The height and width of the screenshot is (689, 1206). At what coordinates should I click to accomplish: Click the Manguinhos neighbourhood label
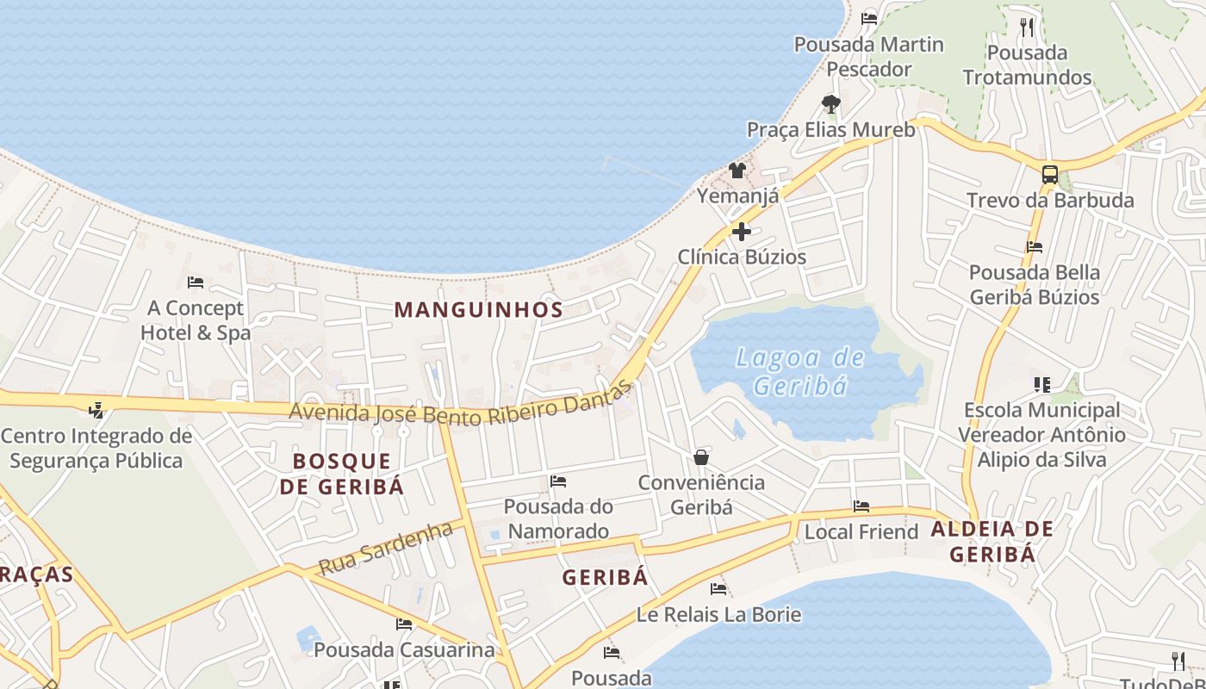coord(479,310)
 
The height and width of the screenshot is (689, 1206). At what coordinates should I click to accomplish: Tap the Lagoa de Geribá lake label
coord(800,371)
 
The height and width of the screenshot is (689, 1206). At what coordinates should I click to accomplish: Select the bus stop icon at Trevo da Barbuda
coord(1049,174)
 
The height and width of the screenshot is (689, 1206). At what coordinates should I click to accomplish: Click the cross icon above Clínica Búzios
coord(741,232)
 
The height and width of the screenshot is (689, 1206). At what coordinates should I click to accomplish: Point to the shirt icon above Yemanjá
coord(737,171)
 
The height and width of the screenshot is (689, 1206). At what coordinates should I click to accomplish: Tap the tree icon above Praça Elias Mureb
coord(830,104)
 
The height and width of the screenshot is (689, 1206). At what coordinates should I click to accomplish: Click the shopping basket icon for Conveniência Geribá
coord(701,456)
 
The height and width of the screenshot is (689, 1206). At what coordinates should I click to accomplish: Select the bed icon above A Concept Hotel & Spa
coord(196,282)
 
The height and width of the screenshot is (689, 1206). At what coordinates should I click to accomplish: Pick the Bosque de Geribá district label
coord(342,474)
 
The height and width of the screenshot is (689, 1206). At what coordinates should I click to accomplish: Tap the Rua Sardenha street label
coord(385,549)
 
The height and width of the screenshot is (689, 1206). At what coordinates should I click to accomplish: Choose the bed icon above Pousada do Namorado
coord(558,481)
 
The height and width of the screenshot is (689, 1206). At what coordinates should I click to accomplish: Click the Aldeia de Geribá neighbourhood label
coord(992,541)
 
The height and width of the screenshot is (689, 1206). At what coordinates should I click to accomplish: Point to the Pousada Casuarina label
coord(405,649)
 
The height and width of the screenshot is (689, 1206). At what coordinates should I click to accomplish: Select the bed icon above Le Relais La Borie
coord(718,589)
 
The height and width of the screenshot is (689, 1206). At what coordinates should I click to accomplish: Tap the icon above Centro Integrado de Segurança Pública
coord(96,411)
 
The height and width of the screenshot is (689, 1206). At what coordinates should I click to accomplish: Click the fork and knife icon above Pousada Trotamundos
coord(1026,28)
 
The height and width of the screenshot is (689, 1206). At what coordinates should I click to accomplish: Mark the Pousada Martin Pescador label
coord(868,57)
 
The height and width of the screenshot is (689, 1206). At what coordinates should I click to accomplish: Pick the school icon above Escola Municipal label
coord(1042,385)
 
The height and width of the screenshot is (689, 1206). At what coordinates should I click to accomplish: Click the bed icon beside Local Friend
coord(861,506)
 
